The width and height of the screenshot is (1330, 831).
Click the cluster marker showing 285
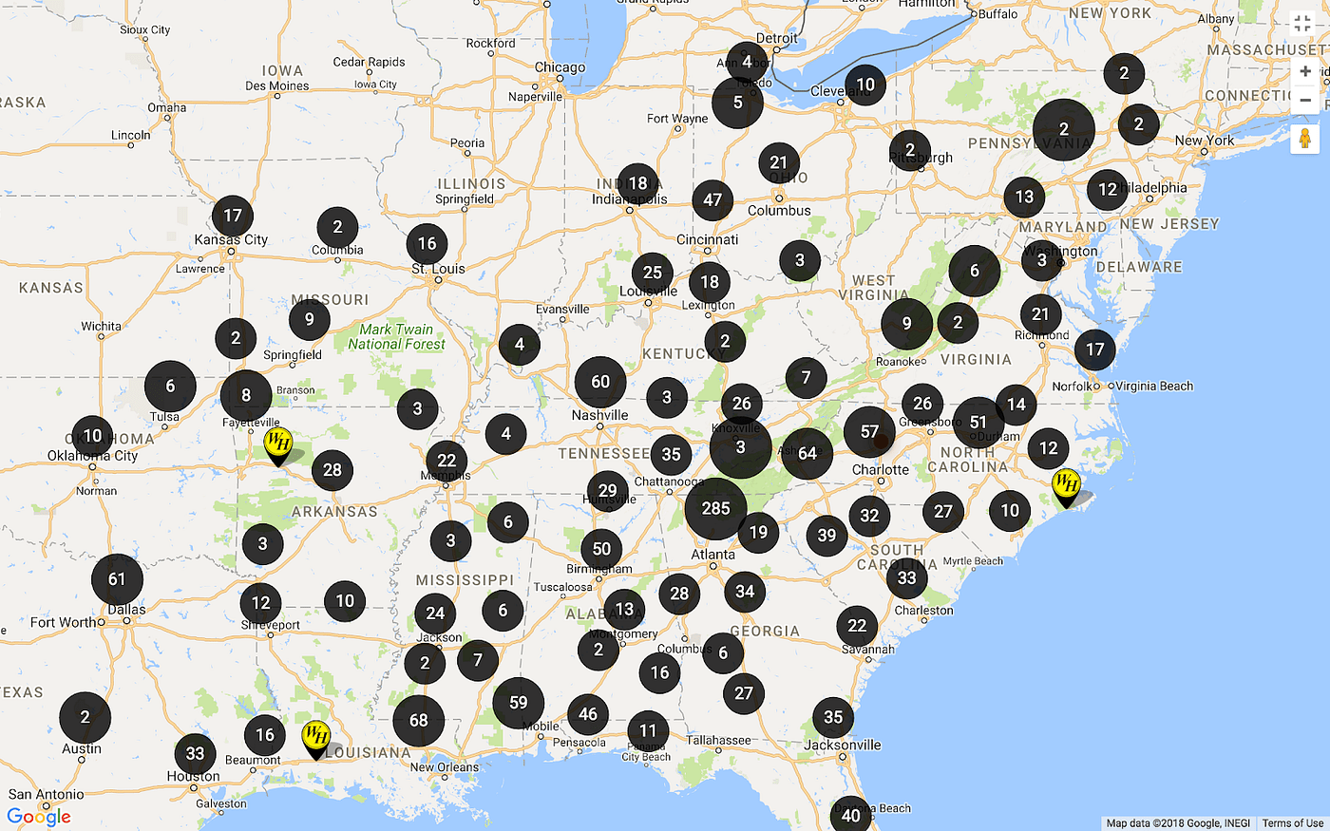click(715, 508)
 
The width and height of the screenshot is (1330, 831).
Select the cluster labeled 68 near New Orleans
click(419, 721)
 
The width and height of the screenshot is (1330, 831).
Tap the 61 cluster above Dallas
click(117, 579)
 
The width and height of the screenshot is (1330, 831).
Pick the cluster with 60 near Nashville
click(600, 382)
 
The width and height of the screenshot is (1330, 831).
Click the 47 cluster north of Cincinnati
click(712, 200)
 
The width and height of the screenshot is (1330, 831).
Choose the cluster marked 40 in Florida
click(851, 815)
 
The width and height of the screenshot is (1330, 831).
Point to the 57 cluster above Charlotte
click(869, 432)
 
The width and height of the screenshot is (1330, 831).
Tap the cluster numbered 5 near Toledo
click(737, 102)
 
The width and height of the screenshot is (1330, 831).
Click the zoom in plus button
click(1305, 71)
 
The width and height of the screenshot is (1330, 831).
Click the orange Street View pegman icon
click(1305, 139)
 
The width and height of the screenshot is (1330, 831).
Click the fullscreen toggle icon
click(1302, 25)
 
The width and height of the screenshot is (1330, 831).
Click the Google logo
click(39, 816)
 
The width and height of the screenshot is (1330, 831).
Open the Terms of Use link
click(1292, 823)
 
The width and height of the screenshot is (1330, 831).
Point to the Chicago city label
click(560, 67)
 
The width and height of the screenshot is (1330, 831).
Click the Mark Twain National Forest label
click(396, 336)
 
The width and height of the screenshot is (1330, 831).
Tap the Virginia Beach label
click(1154, 386)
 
